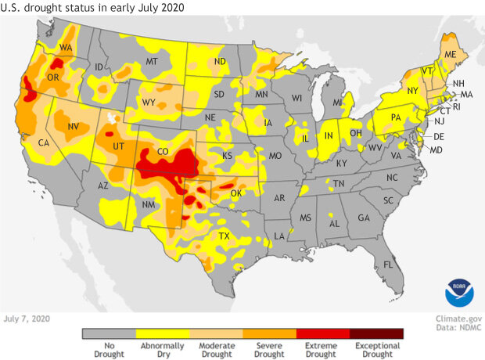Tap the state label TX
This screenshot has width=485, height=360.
pyautogui.click(x=223, y=236)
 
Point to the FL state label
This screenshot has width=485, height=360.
pyautogui.click(x=388, y=265)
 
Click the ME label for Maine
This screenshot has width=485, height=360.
pyautogui.click(x=450, y=54)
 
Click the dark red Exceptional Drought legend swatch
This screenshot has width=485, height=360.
pyautogui.click(x=376, y=333)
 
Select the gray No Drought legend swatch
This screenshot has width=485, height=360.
pyautogui.click(x=109, y=333)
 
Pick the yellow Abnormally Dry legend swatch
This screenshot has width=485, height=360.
pyautogui.click(x=162, y=333)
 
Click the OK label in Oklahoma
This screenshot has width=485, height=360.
pyautogui.click(x=235, y=193)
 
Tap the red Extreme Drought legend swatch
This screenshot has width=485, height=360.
pyautogui.click(x=323, y=333)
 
